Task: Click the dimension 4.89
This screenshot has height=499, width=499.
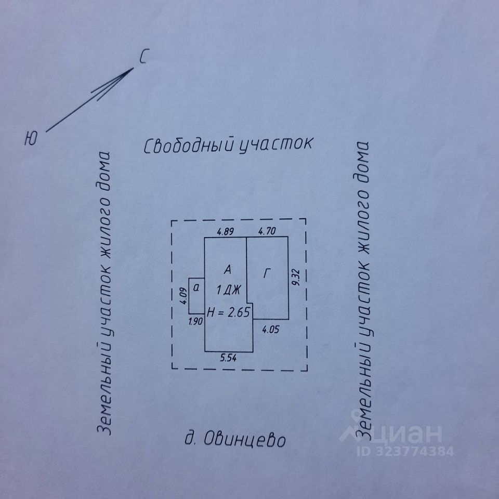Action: click(x=225, y=232)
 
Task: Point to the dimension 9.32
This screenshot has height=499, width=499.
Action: click(x=295, y=278)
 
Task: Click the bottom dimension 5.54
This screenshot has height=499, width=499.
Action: click(x=228, y=358)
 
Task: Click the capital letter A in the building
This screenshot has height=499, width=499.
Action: click(x=227, y=270)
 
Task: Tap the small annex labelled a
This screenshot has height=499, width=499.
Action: click(x=196, y=287)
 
